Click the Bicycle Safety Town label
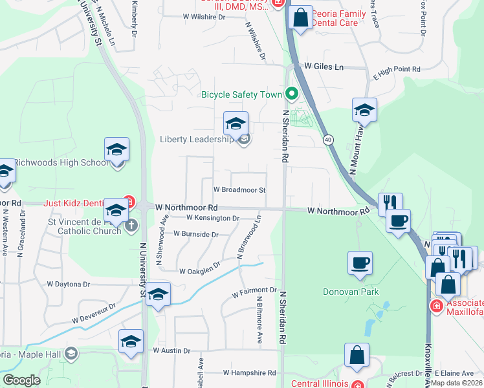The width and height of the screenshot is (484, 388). tap(241, 94)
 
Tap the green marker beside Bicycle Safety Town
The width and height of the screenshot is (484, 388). tap(292, 94)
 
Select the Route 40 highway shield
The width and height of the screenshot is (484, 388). tap(329, 139)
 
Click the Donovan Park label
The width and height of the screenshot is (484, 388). tap(351, 292)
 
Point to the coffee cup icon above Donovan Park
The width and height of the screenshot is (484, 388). tap(360, 263)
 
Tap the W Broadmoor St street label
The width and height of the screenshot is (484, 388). tap(239, 190)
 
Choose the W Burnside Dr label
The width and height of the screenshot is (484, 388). tap(195, 234)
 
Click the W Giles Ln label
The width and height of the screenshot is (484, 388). tap(324, 67)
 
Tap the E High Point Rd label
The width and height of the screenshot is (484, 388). tap(397, 69)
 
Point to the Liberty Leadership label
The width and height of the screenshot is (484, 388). tap(196, 140)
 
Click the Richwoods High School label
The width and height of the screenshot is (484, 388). tap(61, 162)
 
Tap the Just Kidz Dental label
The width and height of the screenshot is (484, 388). tap(74, 202)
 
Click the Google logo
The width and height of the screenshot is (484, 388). tap(21, 380)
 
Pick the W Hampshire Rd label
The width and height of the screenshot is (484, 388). tap(249, 373)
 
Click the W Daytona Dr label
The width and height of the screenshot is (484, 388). tap(68, 284)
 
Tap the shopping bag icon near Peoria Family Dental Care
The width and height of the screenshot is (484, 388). tap(301, 18)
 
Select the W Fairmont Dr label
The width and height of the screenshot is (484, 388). tap(255, 290)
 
